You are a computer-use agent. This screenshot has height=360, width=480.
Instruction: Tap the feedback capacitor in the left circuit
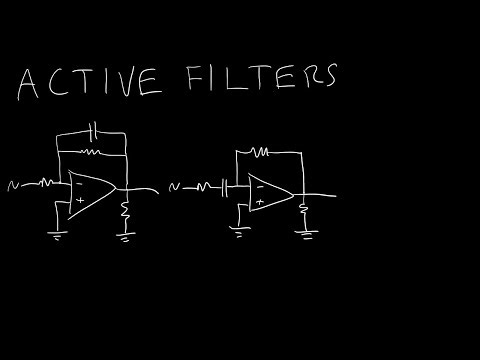(x=93, y=131)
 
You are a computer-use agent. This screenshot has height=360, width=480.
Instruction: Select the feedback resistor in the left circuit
(x=91, y=152)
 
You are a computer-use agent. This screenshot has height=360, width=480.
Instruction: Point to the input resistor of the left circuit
(x=49, y=183)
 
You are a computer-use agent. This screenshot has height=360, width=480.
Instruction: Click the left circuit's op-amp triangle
(x=90, y=190)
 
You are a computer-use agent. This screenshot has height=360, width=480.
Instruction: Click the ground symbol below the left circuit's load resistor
(x=127, y=237)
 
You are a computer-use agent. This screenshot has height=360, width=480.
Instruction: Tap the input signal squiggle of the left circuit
(x=12, y=184)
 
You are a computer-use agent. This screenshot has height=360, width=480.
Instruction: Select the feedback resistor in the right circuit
(x=262, y=154)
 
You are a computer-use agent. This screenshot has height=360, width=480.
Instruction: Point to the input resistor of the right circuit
(x=209, y=186)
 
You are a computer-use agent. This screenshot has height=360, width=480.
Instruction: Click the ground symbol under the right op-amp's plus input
(x=237, y=230)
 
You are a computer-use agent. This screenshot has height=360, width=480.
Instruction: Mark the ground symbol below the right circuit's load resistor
(x=303, y=236)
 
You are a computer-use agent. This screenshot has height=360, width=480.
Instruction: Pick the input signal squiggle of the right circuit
(x=177, y=186)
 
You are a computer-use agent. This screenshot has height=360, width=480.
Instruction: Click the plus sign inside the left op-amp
(x=77, y=199)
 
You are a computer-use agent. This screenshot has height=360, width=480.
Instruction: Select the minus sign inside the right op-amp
(x=259, y=185)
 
